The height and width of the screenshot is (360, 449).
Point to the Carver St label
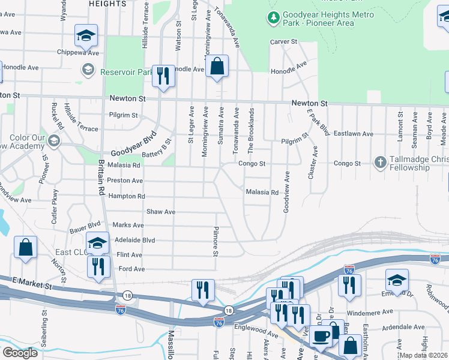(x=284, y=41)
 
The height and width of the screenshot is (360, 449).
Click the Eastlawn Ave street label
(x=354, y=134)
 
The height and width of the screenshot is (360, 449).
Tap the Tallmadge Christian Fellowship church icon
(x=379, y=163)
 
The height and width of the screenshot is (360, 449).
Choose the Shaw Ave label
(x=161, y=212)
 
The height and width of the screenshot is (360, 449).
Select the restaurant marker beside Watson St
(x=163, y=76)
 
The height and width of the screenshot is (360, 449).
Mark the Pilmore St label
(x=215, y=241)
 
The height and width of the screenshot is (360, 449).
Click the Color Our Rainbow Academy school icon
(x=54, y=141)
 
